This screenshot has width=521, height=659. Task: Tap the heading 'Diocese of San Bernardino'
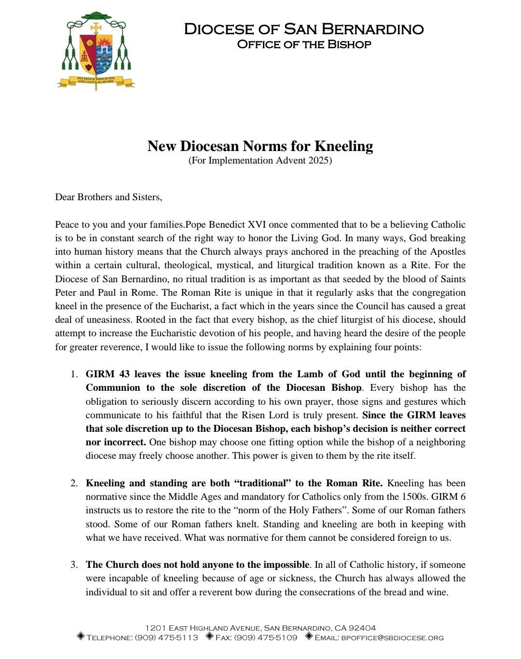(x=303, y=29)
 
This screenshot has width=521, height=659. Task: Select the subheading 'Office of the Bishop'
(x=304, y=44)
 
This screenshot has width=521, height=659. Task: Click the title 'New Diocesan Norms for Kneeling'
(x=260, y=146)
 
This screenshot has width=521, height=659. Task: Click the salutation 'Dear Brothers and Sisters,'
(x=109, y=197)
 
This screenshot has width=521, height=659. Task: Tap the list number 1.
(x=74, y=374)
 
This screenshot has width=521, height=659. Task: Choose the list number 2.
(x=74, y=483)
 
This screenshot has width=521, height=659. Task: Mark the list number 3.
(x=74, y=565)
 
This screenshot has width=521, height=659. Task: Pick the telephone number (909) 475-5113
(x=166, y=637)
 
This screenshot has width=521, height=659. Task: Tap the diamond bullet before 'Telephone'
(x=81, y=636)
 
